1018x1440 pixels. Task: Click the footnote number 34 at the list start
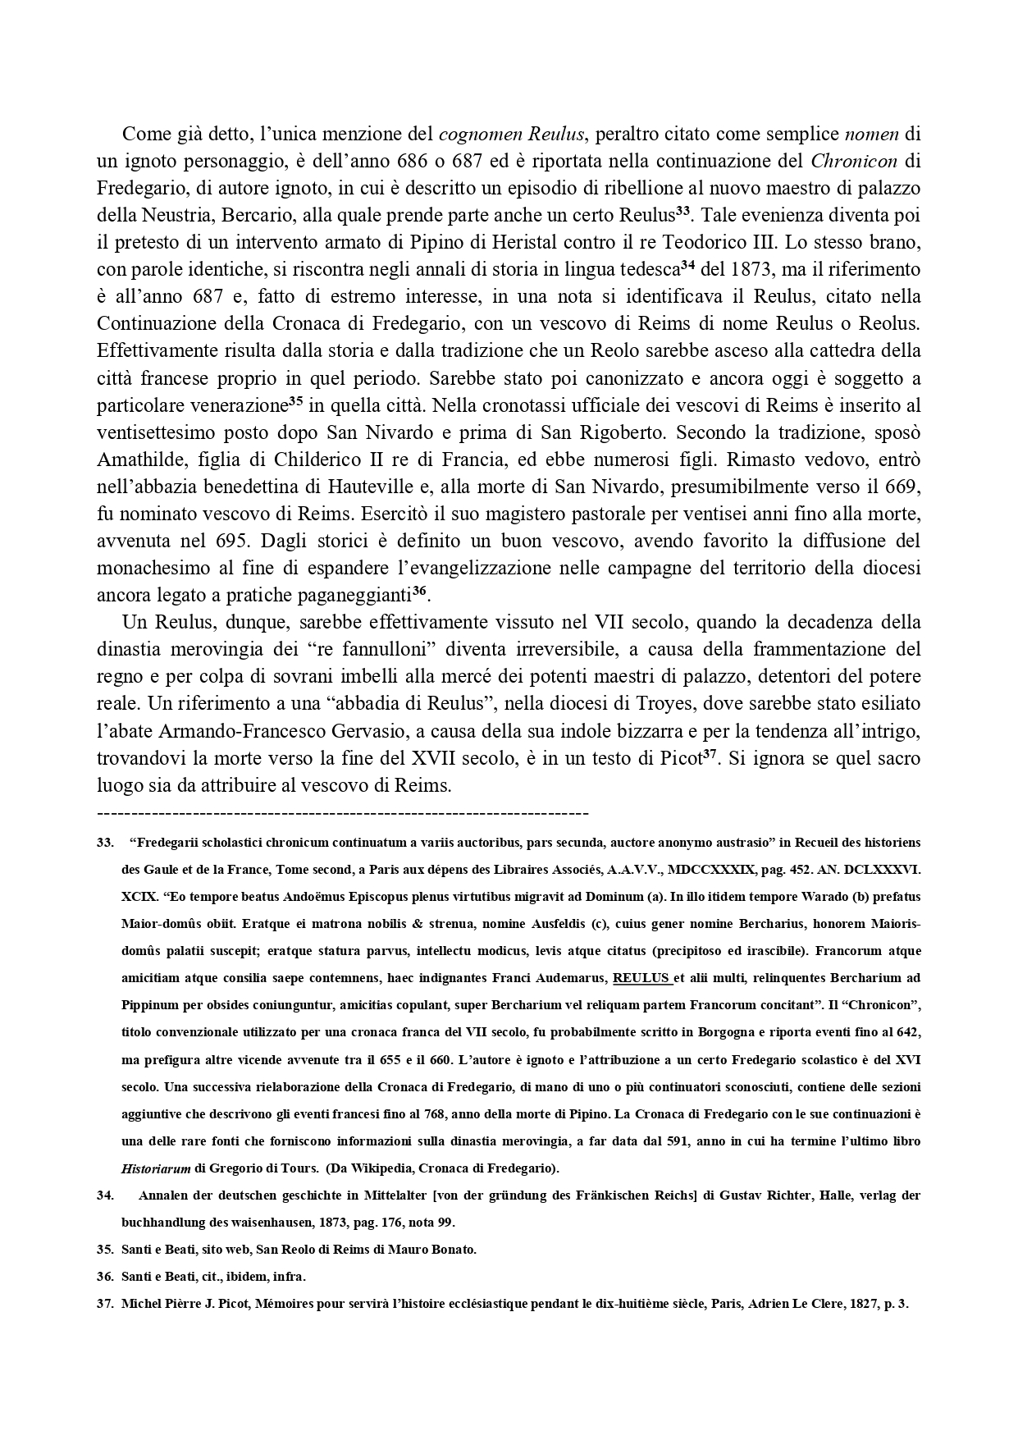click(x=105, y=1195)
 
